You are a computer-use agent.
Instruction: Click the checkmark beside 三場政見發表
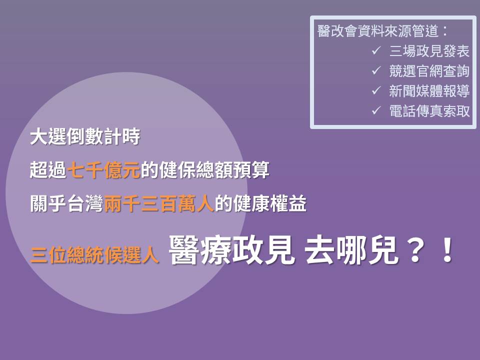click(x=376, y=50)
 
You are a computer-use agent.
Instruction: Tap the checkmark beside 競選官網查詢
click(x=376, y=70)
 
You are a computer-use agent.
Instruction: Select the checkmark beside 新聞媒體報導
click(x=376, y=90)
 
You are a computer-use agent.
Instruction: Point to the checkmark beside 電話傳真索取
click(x=376, y=110)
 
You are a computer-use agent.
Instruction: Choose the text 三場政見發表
click(x=429, y=51)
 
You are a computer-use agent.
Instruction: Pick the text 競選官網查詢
click(x=429, y=70)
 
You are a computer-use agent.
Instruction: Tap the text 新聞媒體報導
click(x=429, y=91)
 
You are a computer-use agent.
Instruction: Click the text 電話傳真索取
click(x=429, y=111)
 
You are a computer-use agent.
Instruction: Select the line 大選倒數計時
click(x=85, y=136)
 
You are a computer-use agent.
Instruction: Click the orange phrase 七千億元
click(x=103, y=170)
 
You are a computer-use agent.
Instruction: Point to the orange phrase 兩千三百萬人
click(x=159, y=203)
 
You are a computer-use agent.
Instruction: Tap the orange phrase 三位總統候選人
click(x=94, y=255)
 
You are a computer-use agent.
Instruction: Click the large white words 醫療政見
click(x=232, y=250)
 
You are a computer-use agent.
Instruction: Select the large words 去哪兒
click(x=351, y=250)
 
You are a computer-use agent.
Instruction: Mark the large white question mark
click(x=415, y=250)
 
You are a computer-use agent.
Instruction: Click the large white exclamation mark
click(x=448, y=250)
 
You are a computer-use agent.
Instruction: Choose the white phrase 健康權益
click(x=269, y=203)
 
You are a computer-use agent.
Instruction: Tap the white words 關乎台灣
click(x=66, y=203)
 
